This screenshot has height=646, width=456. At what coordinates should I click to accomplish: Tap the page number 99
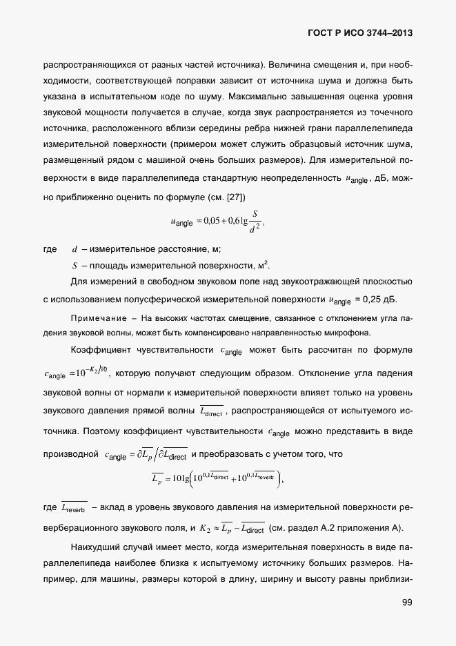406,603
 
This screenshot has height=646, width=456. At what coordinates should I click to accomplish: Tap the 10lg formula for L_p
217,477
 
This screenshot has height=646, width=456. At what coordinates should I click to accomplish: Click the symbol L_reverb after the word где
74,509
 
